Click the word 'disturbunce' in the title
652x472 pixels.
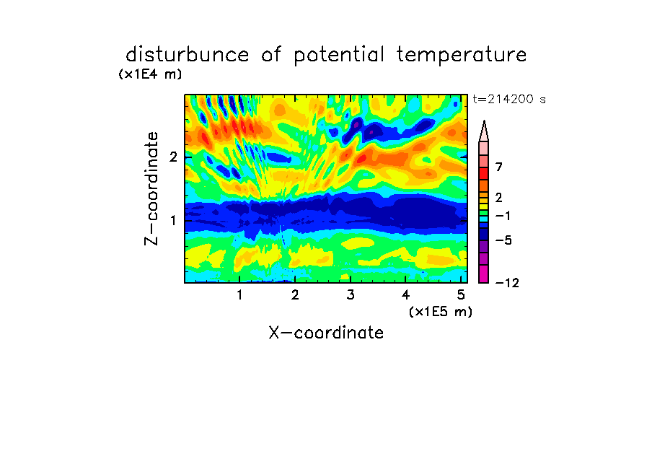click(187, 55)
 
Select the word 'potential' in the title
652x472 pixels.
click(339, 56)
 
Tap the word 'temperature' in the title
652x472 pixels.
click(462, 56)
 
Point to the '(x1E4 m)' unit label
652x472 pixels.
click(150, 74)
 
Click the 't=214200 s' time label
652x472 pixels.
click(509, 100)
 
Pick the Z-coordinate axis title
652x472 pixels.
click(151, 188)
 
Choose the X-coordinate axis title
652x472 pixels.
click(326, 333)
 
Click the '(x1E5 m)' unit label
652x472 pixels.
click(441, 312)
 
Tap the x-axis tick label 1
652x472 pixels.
click(239, 295)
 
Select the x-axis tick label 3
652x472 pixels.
click(351, 295)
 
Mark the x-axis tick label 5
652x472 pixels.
click(461, 295)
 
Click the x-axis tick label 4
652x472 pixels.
click(406, 295)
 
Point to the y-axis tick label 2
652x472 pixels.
click(173, 157)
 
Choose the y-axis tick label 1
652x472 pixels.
click(173, 220)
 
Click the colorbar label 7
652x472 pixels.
click(499, 167)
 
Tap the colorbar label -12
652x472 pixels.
click(507, 283)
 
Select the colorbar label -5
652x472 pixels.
click(503, 240)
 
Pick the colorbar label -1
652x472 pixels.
click(503, 216)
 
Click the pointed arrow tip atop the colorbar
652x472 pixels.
click(484, 121)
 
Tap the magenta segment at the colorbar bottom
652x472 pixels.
click(484, 274)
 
